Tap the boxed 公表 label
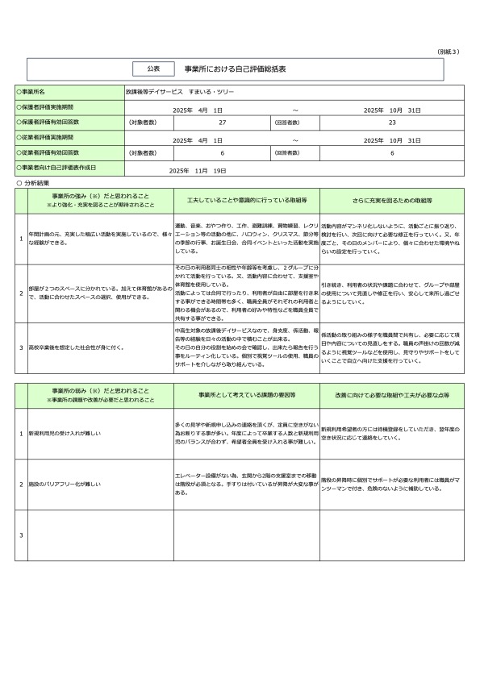click(x=153, y=69)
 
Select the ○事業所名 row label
click(x=35, y=93)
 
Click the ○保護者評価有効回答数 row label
click(x=49, y=122)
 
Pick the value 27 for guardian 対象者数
click(x=222, y=123)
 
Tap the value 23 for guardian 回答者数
click(x=392, y=123)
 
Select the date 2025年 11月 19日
click(x=198, y=171)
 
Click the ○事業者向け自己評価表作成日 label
click(x=57, y=168)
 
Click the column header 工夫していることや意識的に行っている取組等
click(x=245, y=198)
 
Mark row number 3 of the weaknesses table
click(x=21, y=535)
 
